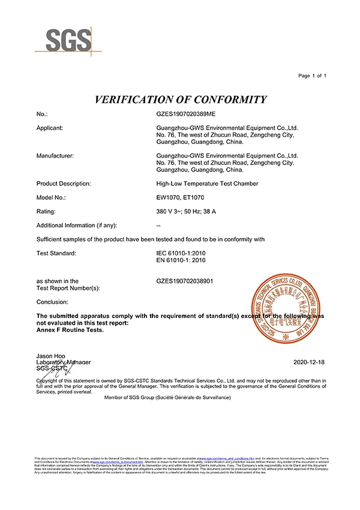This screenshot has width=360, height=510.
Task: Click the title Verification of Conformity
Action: coord(181,99)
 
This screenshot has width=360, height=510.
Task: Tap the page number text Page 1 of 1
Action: coord(312,76)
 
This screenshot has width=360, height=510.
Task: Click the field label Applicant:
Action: coord(50,128)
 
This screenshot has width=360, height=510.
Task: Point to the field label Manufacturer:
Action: coord(55,156)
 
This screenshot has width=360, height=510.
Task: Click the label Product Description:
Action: coord(64,183)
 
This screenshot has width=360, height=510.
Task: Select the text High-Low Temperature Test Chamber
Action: coord(206,183)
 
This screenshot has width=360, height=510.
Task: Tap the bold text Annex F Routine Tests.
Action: coord(70,330)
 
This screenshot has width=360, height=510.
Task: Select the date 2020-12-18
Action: coord(310,363)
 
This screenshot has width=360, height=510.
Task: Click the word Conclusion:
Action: coord(52,302)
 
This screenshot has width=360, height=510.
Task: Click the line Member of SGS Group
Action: coord(167,397)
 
